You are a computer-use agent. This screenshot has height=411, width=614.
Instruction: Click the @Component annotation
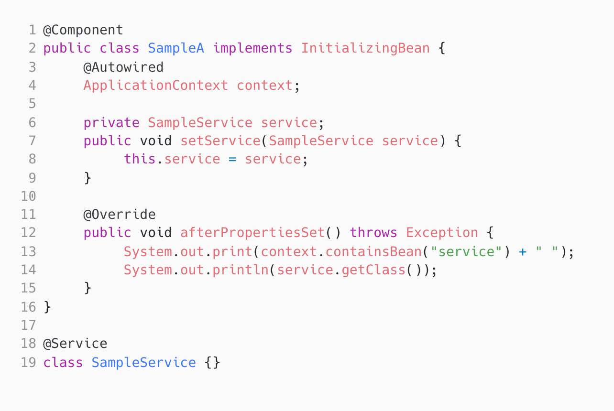83,30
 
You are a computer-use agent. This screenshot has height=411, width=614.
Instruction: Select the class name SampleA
176,48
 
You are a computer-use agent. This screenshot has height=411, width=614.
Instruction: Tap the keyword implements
252,48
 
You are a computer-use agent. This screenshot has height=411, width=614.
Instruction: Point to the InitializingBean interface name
365,48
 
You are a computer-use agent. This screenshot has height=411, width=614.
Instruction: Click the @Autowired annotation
123,67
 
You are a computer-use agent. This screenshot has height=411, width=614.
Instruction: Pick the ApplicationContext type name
155,86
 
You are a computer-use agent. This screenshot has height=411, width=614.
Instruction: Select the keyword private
111,122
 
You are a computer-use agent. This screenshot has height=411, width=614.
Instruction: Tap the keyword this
140,159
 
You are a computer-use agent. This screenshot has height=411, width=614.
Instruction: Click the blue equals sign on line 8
232,159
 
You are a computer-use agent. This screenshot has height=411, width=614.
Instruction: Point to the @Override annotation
120,214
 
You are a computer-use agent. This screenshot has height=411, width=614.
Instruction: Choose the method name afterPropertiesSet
252,233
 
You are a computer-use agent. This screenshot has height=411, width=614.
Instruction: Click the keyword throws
373,233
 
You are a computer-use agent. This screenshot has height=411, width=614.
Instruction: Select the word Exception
442,233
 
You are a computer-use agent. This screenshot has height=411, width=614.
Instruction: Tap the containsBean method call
365,251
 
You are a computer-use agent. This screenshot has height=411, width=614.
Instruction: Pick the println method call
241,270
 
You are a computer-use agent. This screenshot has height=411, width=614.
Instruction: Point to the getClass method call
373,270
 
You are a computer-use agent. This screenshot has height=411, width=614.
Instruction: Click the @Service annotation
75,344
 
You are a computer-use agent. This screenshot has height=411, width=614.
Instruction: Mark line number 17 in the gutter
28,325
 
